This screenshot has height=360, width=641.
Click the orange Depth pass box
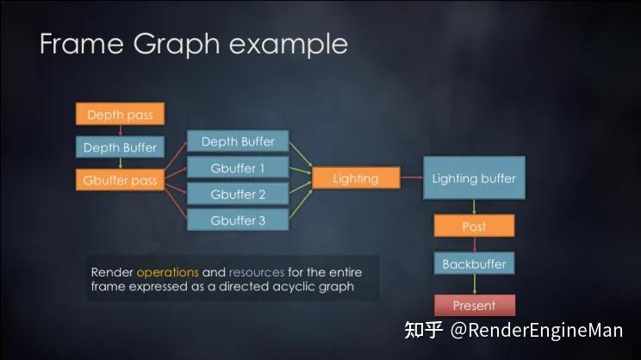(x=120, y=115)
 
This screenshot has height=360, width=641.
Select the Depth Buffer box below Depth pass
(x=120, y=147)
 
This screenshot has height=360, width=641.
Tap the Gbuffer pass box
(x=120, y=180)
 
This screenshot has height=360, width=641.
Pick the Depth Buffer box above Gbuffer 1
(x=238, y=141)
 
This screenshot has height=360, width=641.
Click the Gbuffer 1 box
(x=238, y=168)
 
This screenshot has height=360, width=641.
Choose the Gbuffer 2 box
(x=238, y=195)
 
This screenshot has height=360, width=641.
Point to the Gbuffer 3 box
(x=238, y=220)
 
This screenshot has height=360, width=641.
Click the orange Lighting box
(x=356, y=178)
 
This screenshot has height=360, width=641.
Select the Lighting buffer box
(x=474, y=178)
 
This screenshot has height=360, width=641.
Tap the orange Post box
(x=474, y=227)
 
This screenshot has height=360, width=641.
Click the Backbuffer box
(x=474, y=264)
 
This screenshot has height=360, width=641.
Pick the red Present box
(x=474, y=305)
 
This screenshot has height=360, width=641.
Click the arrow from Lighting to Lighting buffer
(x=412, y=178)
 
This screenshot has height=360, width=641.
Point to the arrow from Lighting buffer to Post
(x=474, y=207)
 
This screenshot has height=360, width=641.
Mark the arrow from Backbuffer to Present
(x=474, y=285)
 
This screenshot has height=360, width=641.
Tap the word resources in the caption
(x=256, y=272)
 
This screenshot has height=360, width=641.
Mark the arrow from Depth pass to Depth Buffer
(x=120, y=131)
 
